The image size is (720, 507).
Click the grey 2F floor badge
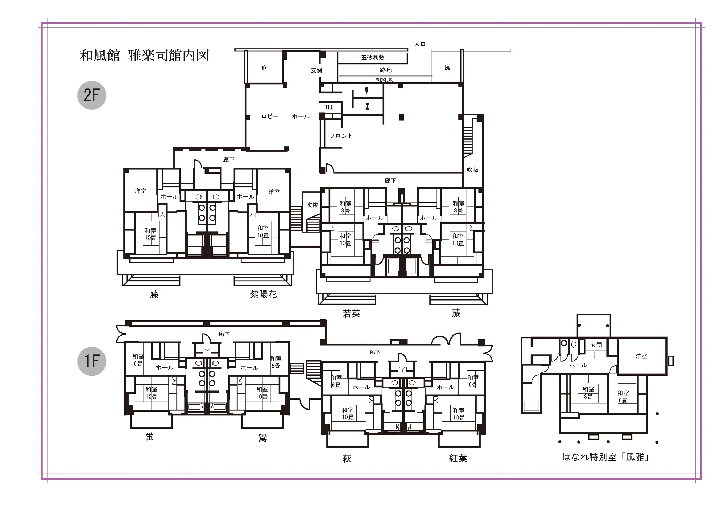point(92,95)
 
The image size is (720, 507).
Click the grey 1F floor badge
point(92,361)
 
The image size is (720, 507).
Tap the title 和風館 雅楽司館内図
point(144,55)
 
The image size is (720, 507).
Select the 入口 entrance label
point(420,44)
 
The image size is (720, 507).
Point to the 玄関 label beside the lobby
point(317,70)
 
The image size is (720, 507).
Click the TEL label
point(329,107)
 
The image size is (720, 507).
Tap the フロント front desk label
point(341,136)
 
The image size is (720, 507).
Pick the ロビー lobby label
point(270,116)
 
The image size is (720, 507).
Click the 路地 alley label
point(386,70)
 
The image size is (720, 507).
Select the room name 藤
point(154,294)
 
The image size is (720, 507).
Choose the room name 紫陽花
point(263,294)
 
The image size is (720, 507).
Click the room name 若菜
point(352,314)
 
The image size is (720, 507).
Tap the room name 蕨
point(456,313)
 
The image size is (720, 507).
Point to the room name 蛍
point(150,436)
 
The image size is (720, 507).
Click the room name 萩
point(346,459)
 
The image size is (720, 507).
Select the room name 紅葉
point(458,458)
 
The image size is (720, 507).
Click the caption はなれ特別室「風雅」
point(606,457)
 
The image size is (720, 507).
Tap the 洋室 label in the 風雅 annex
point(641,356)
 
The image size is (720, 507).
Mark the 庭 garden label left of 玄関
point(264,68)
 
